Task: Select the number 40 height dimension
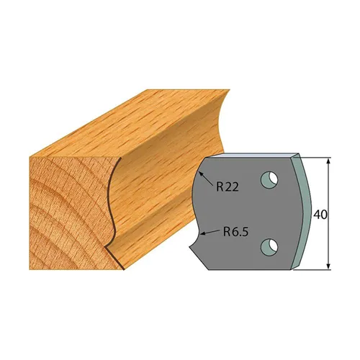320,214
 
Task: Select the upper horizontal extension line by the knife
317,156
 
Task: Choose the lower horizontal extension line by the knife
317,269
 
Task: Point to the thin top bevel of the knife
252,155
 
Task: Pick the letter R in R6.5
225,232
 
